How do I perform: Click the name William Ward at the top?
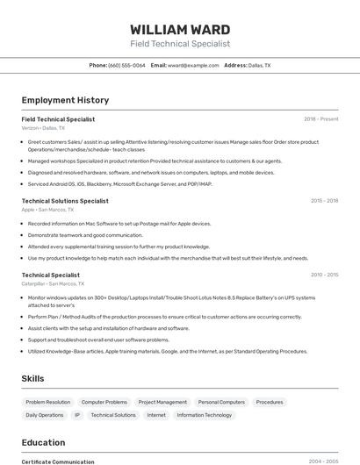coord(180,30)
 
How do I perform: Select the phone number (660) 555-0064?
coord(126,65)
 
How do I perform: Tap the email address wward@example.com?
coord(192,65)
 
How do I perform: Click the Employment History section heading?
coord(65,100)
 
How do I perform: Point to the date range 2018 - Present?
coord(320,118)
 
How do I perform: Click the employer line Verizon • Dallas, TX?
coord(43,127)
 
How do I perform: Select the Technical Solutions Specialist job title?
coord(65,201)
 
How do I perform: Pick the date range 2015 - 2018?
coord(324,201)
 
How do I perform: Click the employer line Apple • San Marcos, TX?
coord(47,210)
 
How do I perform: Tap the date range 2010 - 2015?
coord(324,275)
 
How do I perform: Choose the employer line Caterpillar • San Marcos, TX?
coord(53,283)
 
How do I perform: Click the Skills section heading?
coord(32,378)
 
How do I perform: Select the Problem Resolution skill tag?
coord(48,402)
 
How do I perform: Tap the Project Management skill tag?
coord(162,402)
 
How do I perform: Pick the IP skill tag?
coord(76,415)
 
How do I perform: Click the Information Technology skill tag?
coord(204,415)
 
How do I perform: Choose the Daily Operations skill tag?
coord(45,415)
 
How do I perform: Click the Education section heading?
coord(43,442)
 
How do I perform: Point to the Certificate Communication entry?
coord(58,461)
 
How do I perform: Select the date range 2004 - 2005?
coord(323,461)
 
